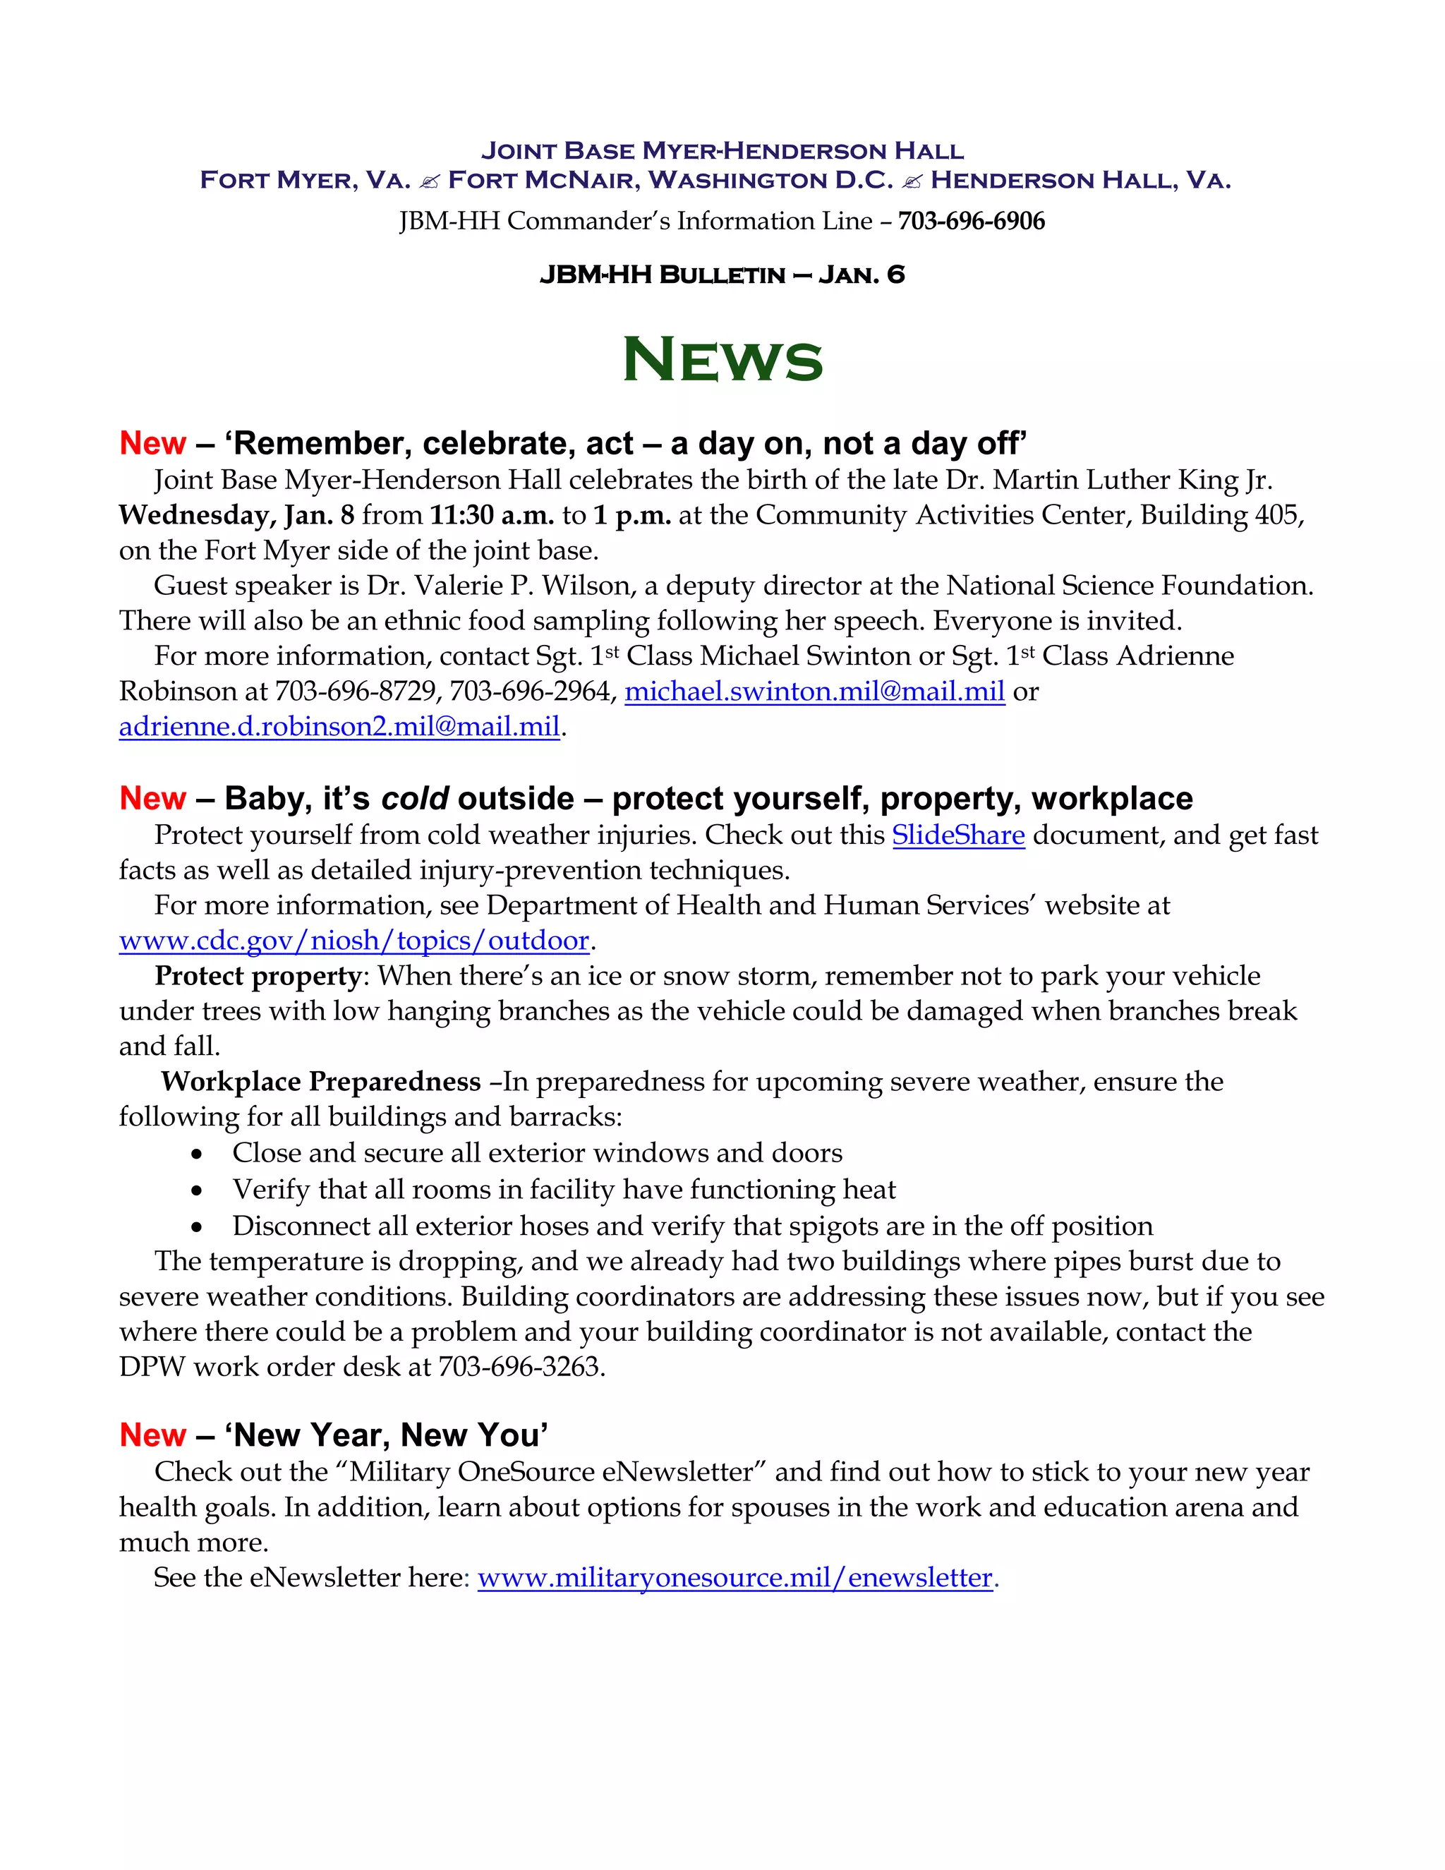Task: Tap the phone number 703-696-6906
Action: (x=971, y=221)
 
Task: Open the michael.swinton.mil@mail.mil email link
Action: (x=814, y=691)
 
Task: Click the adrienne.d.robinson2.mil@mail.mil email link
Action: (x=339, y=726)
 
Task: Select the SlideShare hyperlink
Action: (x=958, y=835)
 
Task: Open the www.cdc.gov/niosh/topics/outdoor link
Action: (x=354, y=940)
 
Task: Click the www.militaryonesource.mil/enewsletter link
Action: (x=735, y=1577)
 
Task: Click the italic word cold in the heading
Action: (x=414, y=798)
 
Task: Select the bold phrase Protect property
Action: (x=258, y=975)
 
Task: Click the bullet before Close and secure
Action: (x=198, y=1155)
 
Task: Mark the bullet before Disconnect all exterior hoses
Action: (x=198, y=1228)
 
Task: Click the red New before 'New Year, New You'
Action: (x=152, y=1435)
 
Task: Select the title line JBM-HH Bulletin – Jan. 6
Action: (x=722, y=275)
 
